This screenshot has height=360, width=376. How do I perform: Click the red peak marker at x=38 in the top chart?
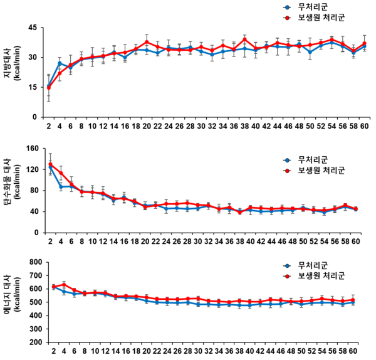(245, 38)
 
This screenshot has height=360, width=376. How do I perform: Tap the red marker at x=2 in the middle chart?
(50, 165)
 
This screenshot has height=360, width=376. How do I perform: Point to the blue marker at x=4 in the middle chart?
(61, 187)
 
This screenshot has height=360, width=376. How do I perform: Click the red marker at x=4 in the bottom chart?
(64, 285)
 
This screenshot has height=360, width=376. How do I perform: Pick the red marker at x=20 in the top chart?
(147, 42)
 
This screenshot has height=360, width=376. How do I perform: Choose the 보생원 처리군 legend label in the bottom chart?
(323, 275)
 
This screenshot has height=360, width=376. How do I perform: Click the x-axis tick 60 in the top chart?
(364, 126)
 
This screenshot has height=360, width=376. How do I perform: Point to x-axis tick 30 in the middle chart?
(201, 241)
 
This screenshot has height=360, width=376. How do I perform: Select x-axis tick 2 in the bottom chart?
(54, 352)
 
